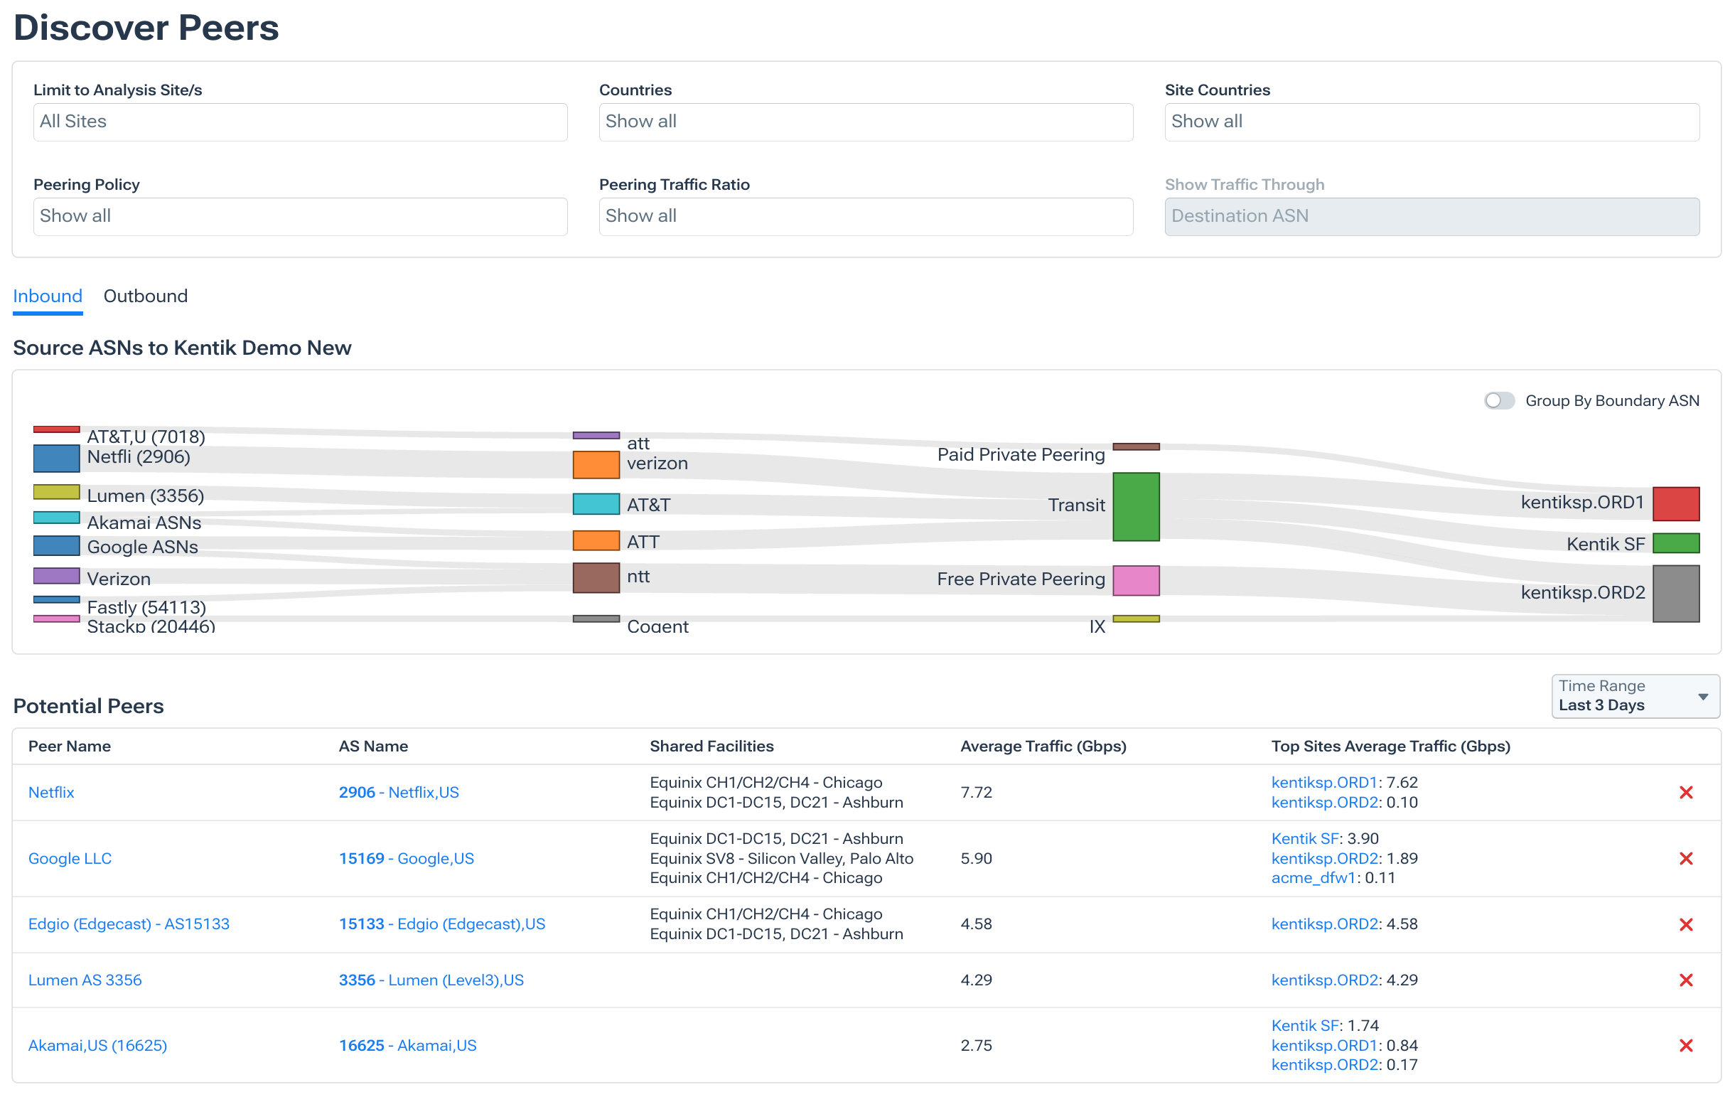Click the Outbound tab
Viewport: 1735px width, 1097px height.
[145, 296]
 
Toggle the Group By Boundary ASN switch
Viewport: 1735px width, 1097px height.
[1499, 401]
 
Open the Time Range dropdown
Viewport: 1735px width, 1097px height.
[1634, 696]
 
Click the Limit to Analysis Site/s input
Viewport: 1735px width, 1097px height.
[300, 122]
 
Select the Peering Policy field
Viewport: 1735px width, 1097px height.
[300, 216]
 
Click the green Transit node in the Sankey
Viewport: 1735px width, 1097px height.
[1136, 507]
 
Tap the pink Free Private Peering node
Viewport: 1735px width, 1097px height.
[1136, 580]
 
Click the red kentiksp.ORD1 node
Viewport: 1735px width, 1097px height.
[1675, 504]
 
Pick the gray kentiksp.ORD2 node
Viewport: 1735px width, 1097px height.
[1675, 593]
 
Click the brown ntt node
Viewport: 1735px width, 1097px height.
[596, 578]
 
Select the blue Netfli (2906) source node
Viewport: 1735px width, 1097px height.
[56, 459]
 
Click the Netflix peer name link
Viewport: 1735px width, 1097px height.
[51, 792]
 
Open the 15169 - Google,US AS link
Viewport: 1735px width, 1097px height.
[407, 858]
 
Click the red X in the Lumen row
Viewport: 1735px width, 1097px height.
[1685, 980]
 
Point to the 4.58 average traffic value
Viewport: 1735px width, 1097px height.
[976, 924]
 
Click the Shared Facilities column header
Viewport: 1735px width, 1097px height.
[711, 746]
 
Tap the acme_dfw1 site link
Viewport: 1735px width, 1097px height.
[1313, 878]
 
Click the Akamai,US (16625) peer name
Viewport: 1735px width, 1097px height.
[97, 1045]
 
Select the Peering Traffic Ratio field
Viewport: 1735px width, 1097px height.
[865, 216]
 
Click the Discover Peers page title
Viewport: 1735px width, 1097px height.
[146, 28]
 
